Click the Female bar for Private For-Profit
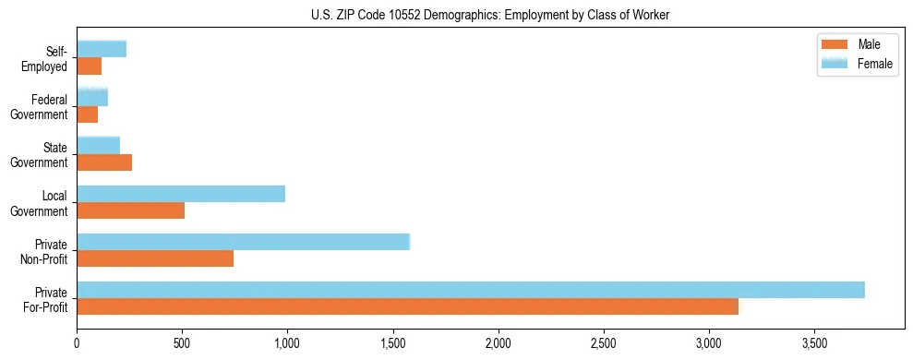(471, 290)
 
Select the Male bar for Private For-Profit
(407, 306)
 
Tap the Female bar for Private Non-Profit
(243, 242)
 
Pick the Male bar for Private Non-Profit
(155, 258)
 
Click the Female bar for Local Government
(181, 194)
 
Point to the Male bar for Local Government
(130, 210)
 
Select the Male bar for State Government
(104, 162)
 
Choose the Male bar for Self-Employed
(89, 66)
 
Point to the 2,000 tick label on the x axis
(499, 343)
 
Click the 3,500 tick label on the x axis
(814, 343)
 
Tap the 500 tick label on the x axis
(182, 343)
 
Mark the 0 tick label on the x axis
(77, 343)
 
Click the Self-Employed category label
(46, 59)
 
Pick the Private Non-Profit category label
(45, 251)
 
